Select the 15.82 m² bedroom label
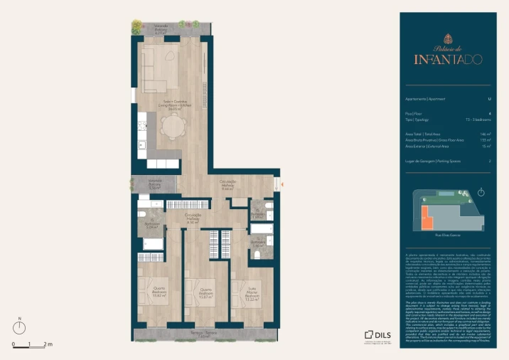click(x=160, y=292)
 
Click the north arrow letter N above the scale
click(x=22, y=319)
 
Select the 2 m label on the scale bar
click(x=48, y=344)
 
